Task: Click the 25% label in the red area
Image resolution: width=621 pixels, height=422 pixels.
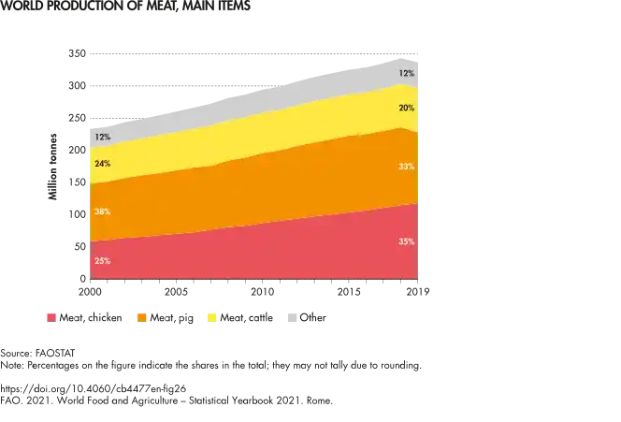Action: coord(102,260)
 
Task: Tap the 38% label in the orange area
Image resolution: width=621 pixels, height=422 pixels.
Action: coord(102,212)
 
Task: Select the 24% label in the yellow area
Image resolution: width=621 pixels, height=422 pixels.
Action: coord(102,164)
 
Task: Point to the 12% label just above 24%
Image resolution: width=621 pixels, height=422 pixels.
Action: coord(102,138)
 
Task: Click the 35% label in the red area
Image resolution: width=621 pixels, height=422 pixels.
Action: coord(406,241)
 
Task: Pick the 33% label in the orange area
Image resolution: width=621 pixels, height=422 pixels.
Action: coord(406,167)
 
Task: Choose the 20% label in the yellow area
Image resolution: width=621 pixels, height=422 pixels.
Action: coord(406,108)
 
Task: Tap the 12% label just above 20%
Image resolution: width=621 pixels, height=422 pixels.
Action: coord(406,73)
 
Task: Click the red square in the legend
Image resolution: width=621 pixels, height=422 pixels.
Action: coord(52,316)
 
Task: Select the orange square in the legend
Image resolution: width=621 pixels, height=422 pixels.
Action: coord(142,316)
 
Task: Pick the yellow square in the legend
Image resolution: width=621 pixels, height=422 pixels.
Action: coord(210,316)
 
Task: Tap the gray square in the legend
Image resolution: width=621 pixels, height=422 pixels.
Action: coord(291,316)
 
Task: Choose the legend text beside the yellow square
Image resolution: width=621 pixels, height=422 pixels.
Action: coord(248,317)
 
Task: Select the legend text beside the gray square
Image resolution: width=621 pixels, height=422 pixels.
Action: coord(312,317)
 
